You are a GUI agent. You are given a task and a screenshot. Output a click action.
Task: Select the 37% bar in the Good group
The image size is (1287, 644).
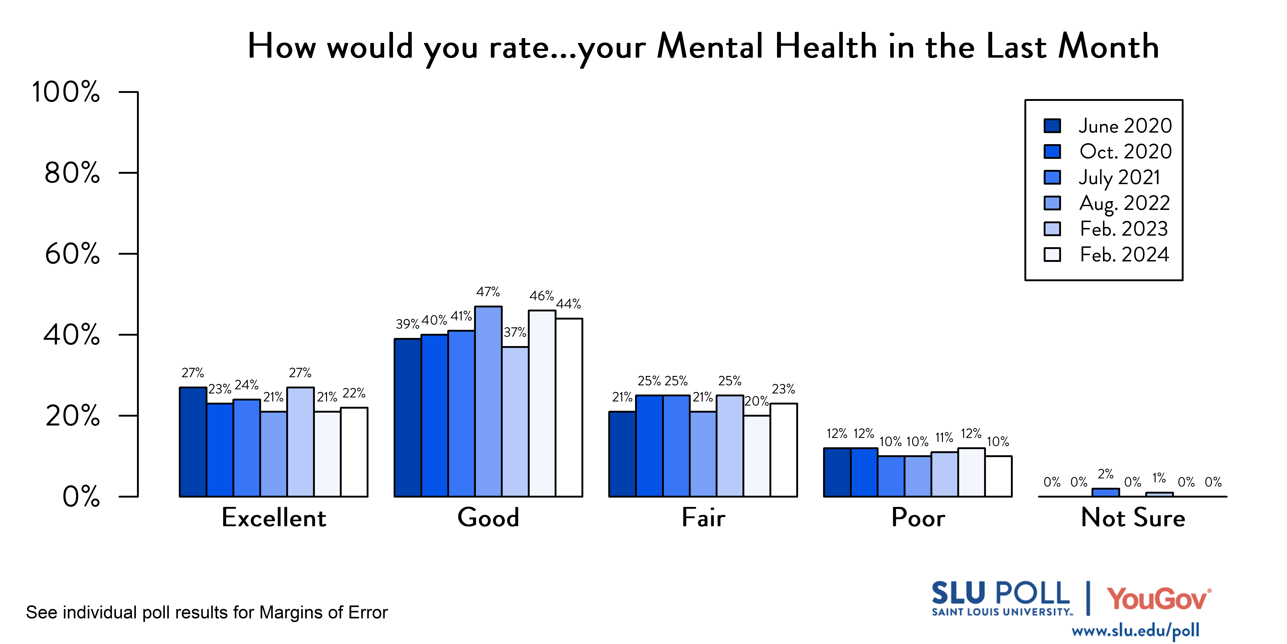[x=515, y=422]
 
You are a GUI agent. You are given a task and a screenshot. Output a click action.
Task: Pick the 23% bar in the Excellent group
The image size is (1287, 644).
[x=220, y=450]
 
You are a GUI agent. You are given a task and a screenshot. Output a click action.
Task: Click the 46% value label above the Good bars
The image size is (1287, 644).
[x=542, y=296]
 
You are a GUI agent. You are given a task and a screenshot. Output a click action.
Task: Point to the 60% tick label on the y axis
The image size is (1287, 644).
[x=72, y=254]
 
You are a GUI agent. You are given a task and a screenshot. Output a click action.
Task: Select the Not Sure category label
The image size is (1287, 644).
[x=1133, y=517]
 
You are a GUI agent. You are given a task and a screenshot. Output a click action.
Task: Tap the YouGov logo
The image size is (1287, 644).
[x=1158, y=599]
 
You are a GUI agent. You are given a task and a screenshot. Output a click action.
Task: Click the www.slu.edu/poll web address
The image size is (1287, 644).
[x=1135, y=631]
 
